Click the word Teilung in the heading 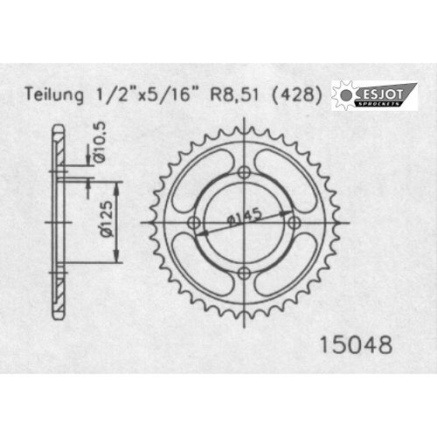pos(54,94)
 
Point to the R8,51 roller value pos(234,94)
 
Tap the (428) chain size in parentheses pos(297,94)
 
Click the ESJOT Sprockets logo pos(374,95)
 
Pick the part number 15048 pos(356,345)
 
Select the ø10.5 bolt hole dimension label pos(100,142)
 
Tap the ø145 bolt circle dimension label pos(244,217)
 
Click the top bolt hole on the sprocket pos(244,172)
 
